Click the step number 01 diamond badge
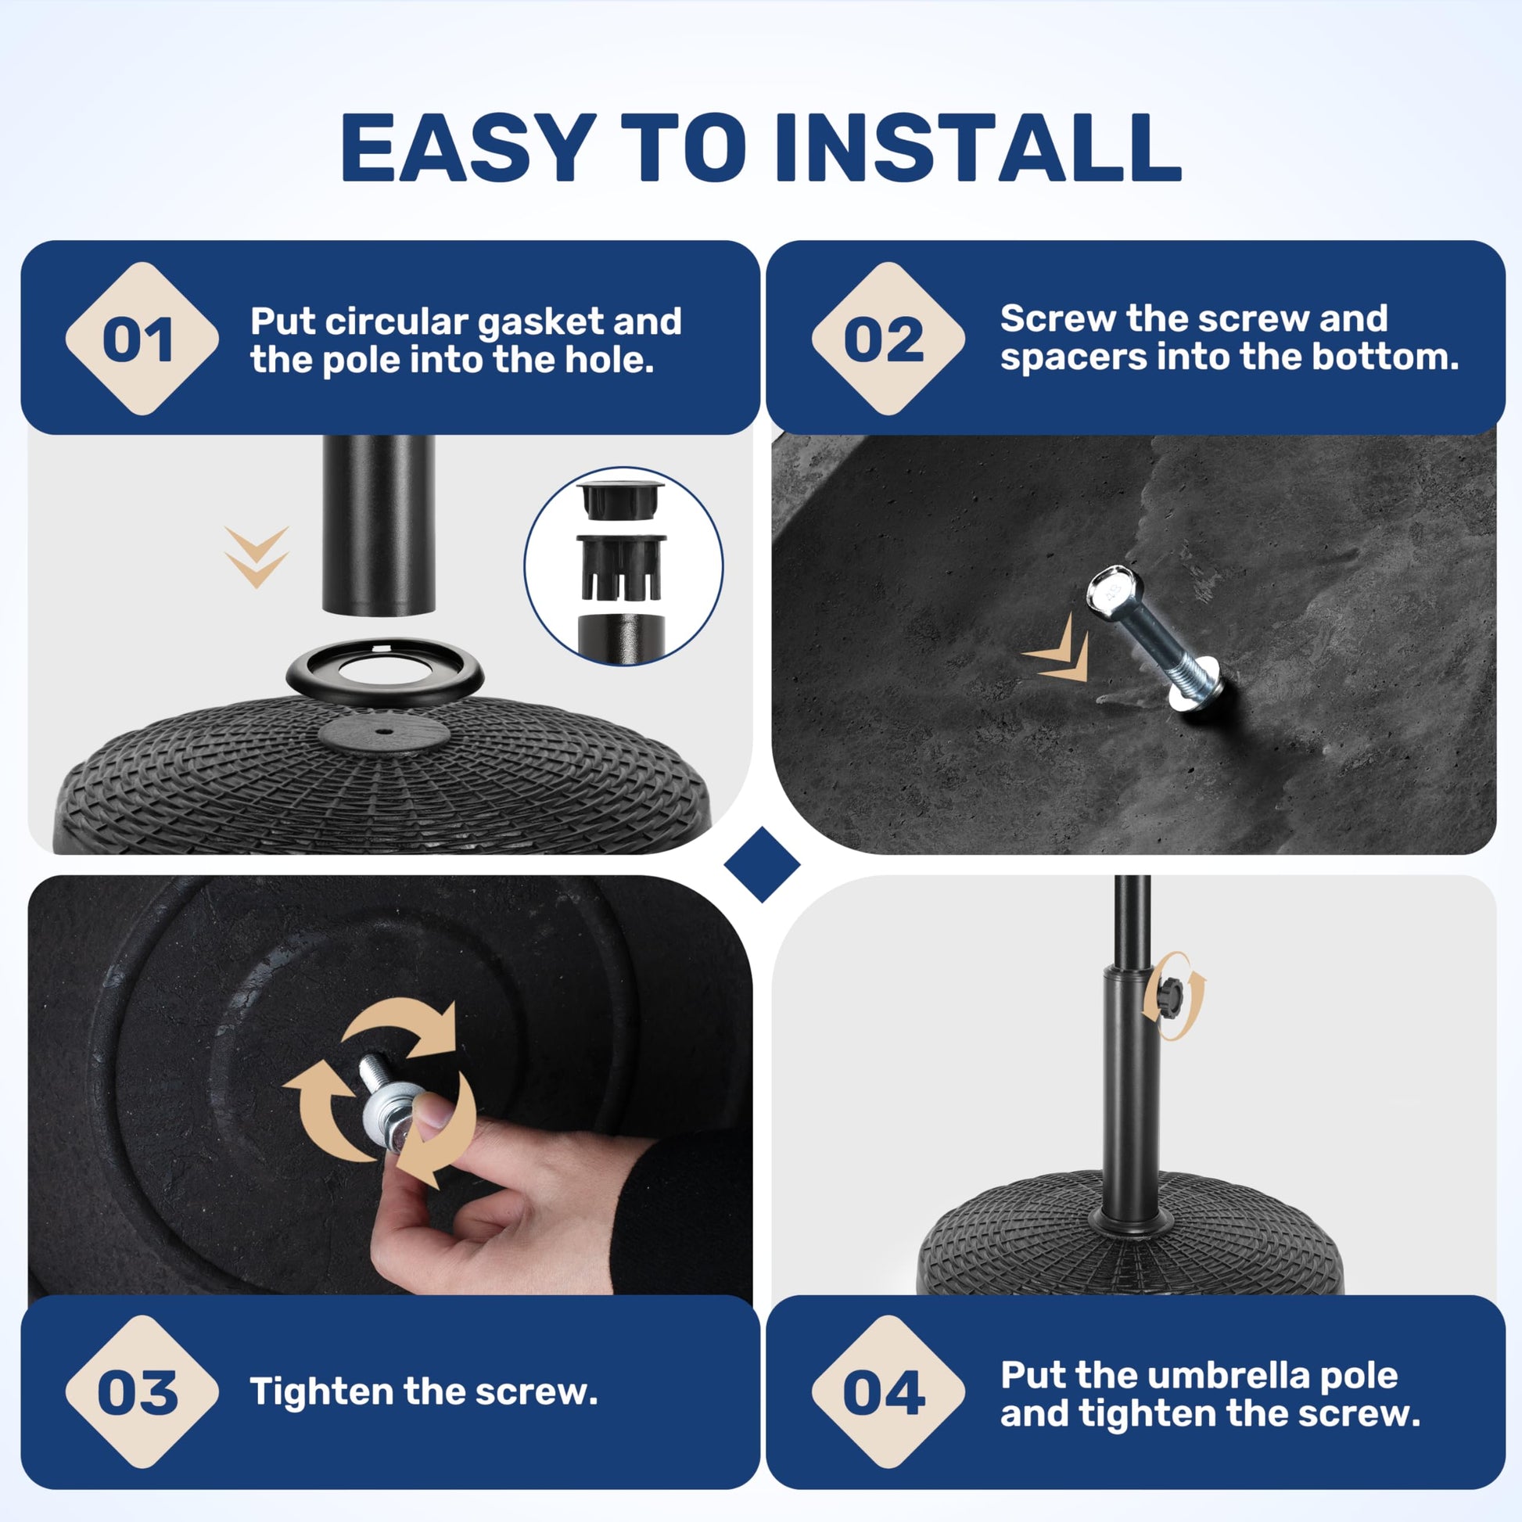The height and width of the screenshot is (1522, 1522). point(142,339)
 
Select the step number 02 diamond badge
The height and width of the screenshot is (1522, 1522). point(888,339)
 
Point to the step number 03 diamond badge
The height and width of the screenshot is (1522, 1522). point(142,1392)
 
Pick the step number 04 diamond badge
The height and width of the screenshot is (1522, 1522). point(888,1392)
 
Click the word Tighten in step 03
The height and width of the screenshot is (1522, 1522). point(320,1393)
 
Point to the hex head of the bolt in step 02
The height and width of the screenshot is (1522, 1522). point(1115,587)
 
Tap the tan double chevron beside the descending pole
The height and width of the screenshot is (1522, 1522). point(257,557)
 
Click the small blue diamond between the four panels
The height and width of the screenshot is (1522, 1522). point(762,864)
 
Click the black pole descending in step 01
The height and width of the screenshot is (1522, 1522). point(378,525)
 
